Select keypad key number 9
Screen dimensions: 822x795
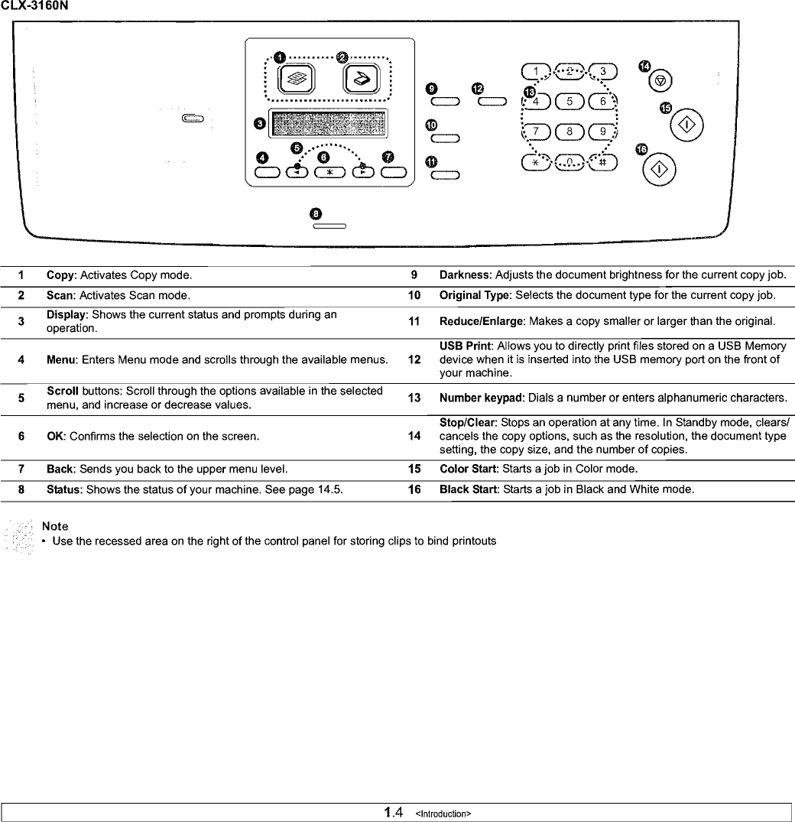coord(603,132)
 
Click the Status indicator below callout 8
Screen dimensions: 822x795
coord(329,226)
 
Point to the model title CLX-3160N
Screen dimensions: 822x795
coord(34,7)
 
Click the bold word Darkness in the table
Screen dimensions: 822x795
coord(466,275)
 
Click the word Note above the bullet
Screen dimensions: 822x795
coord(55,526)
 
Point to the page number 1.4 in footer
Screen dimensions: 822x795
coord(393,812)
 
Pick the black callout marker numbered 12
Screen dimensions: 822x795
coord(478,89)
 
